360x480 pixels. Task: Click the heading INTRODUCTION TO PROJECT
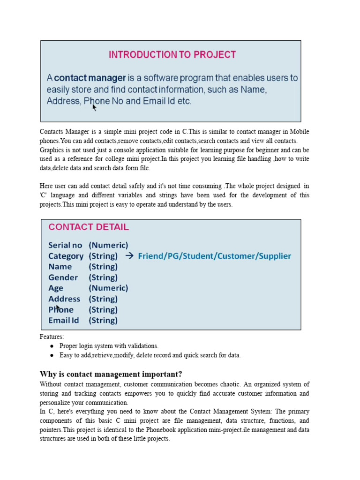172,55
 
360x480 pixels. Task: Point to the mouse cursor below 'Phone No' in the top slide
94,108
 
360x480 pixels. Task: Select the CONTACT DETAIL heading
88,227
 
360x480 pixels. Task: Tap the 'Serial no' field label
65,245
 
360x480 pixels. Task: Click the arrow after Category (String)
129,256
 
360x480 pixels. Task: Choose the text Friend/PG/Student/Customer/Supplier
214,256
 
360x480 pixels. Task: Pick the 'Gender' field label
63,277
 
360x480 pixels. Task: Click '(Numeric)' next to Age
108,288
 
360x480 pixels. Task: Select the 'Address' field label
64,299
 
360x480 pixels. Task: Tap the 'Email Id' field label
63,321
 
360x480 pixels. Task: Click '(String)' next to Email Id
103,321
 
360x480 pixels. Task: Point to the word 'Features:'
52,337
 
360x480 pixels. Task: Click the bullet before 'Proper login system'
51,346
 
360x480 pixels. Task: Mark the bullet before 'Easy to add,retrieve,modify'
51,355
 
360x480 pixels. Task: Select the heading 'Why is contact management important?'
111,374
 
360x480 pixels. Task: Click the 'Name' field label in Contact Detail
60,267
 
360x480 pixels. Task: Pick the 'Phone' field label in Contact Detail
61,310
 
